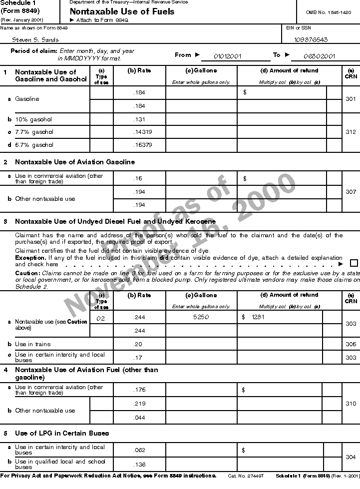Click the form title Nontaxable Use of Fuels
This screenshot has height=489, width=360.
click(x=122, y=11)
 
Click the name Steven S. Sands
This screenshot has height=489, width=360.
click(x=35, y=39)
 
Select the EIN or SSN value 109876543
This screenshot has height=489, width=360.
click(x=311, y=39)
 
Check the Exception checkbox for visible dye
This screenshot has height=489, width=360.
click(x=354, y=263)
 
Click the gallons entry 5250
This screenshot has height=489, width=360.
click(x=201, y=317)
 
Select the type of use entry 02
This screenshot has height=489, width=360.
click(x=101, y=317)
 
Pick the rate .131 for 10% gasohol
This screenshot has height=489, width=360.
click(x=139, y=120)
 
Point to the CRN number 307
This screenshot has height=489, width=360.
click(x=351, y=192)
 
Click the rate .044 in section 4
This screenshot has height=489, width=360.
click(x=139, y=417)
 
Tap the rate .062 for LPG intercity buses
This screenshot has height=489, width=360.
click(x=139, y=450)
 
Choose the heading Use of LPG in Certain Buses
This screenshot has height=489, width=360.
click(x=62, y=433)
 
